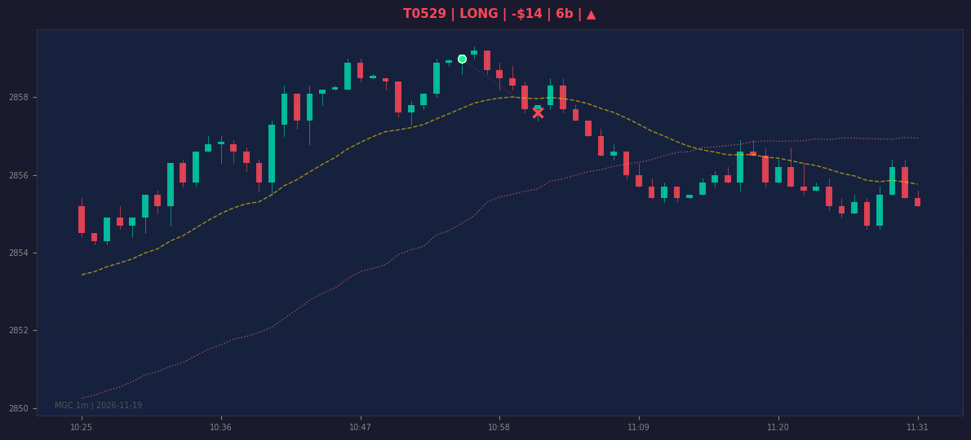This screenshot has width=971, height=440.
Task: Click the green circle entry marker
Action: [462, 59]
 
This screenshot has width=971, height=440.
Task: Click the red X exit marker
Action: [539, 112]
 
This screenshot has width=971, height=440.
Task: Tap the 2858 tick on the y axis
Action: [19, 98]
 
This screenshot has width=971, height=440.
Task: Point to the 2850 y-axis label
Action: [19, 408]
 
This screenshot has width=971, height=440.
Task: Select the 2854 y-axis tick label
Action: [19, 253]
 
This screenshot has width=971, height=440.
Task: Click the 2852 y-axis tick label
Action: [19, 331]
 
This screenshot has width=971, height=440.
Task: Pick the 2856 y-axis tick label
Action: [19, 175]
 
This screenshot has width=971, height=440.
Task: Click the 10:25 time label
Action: [81, 427]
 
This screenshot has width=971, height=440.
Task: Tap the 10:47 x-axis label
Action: [360, 427]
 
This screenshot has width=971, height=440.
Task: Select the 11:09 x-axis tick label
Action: [638, 427]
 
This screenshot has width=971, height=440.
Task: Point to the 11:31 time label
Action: [917, 427]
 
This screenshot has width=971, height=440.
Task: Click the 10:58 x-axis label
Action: [499, 427]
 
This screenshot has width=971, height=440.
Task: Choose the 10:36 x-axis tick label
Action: [220, 427]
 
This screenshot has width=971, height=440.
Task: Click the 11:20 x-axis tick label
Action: [778, 427]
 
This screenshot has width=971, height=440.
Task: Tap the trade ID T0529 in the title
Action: [425, 14]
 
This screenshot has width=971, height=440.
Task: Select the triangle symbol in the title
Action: [592, 14]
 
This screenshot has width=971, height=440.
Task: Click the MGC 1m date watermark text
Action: [99, 406]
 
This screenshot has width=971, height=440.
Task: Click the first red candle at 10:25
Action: [82, 218]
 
